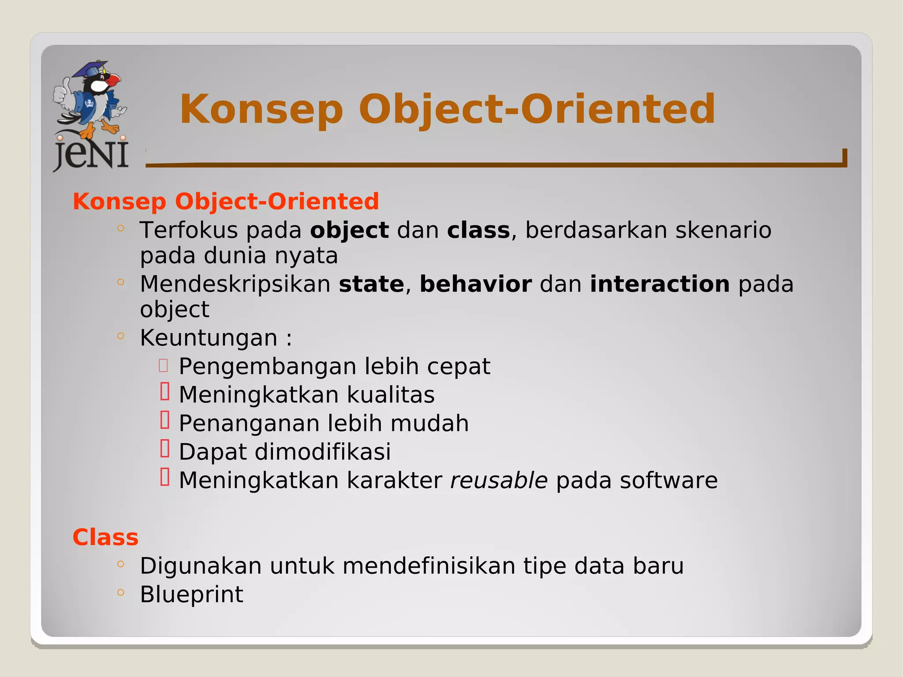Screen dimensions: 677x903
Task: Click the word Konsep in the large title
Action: [261, 109]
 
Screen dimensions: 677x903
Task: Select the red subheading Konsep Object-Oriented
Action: [226, 202]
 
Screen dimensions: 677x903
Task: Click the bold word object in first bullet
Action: [349, 230]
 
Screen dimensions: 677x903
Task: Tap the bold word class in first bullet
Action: [478, 230]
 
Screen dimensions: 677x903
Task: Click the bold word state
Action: [371, 284]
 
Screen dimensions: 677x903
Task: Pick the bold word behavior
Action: [475, 284]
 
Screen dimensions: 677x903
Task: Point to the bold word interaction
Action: [660, 284]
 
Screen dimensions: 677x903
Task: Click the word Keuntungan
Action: [209, 338]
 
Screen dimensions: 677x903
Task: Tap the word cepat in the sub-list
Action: [458, 367]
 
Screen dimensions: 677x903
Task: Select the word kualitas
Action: [390, 395]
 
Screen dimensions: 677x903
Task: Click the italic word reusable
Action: [499, 480]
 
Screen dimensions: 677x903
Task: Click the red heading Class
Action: [105, 538]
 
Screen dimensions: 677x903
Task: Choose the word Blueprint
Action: [191, 595]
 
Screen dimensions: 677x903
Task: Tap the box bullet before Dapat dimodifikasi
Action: [165, 449]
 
